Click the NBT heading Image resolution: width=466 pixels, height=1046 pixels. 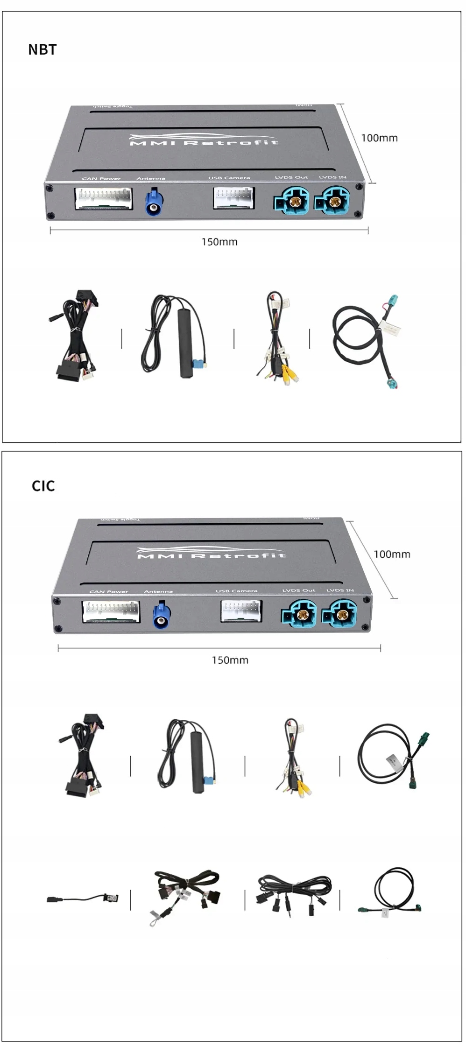coord(42,49)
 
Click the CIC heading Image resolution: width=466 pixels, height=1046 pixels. coord(43,486)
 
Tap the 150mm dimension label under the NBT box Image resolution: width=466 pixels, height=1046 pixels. coord(219,242)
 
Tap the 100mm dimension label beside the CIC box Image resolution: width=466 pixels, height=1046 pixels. coord(392,554)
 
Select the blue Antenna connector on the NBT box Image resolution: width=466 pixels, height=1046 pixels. coord(154,202)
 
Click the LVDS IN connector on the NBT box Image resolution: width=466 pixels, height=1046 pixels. coord(333,202)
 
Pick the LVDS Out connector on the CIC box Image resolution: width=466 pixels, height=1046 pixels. coord(299,615)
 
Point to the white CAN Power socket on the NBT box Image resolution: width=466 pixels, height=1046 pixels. coord(103,198)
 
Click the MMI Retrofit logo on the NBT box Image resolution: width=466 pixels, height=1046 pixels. coord(204,140)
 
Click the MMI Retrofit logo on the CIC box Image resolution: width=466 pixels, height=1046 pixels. coord(211,554)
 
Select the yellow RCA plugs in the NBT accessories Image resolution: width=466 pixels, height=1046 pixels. coord(289,373)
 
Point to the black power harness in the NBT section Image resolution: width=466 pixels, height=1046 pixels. coord(77,336)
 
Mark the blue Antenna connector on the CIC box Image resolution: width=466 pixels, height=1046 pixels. coord(162,616)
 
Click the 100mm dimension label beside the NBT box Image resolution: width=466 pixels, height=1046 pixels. coord(379,138)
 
